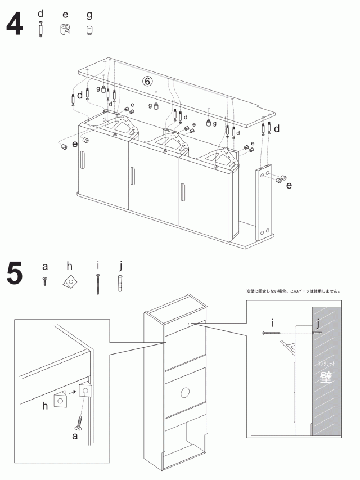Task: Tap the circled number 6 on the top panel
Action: tap(147, 81)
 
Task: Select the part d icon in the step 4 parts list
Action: tap(40, 29)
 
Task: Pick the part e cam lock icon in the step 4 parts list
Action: tap(65, 29)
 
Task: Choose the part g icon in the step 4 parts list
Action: tap(89, 30)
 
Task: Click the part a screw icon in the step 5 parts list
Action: tap(45, 281)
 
